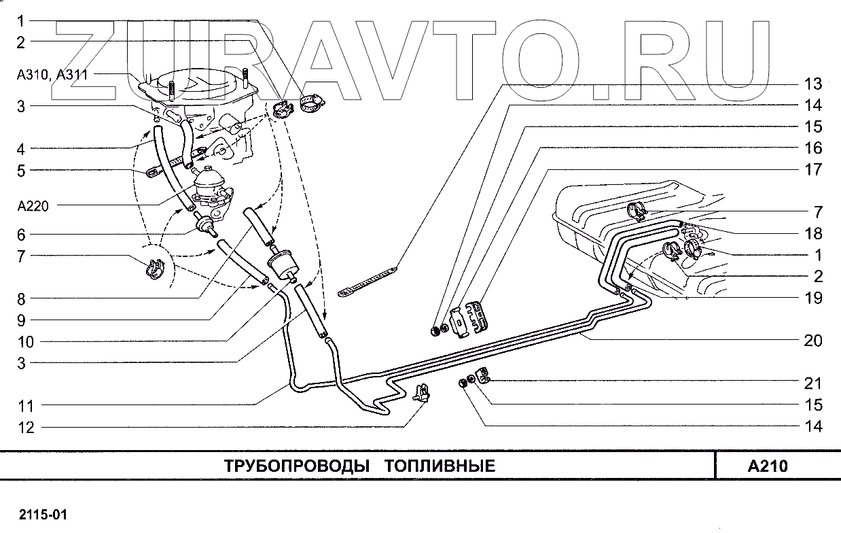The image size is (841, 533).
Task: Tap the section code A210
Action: coord(767,466)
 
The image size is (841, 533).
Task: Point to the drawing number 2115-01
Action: coord(43,514)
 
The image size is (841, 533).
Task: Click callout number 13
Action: coord(813,84)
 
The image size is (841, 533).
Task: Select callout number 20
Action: coord(813,341)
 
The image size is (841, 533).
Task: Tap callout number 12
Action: coord(25,428)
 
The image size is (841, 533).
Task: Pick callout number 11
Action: coord(25,406)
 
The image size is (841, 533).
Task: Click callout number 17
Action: coord(813,169)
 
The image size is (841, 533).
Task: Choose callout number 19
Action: coord(813,297)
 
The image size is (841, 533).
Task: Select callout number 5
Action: coord(21,171)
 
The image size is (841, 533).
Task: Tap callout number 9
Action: coord(21,320)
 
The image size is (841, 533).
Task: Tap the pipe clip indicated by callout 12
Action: coord(422,392)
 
